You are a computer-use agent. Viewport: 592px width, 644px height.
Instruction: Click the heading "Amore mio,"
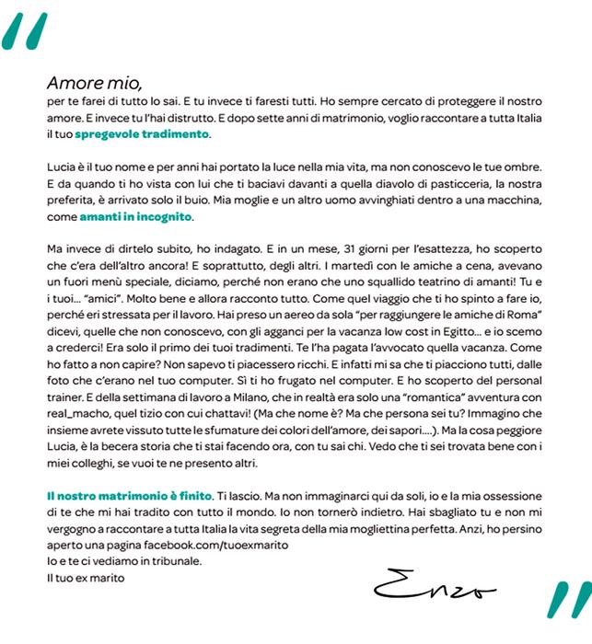(95, 79)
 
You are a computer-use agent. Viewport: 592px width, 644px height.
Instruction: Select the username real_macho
(79, 412)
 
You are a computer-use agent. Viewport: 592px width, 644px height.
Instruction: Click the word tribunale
(169, 560)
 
